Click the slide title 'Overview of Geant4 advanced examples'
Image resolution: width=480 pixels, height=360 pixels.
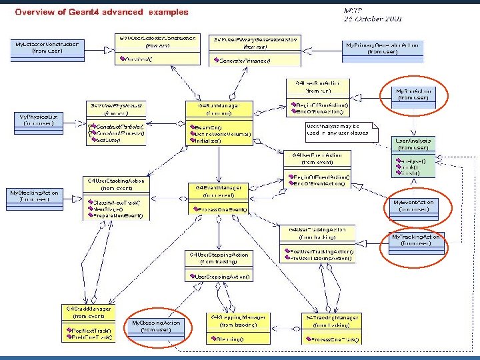click(101, 11)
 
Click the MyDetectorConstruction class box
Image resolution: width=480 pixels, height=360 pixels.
click(47, 47)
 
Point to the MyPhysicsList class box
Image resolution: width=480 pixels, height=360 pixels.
click(39, 119)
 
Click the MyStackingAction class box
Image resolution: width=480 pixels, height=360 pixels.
click(34, 195)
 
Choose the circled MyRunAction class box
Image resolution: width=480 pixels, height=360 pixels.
click(413, 94)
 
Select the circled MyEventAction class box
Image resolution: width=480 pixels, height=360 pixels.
click(413, 205)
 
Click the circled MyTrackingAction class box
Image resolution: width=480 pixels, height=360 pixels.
click(415, 240)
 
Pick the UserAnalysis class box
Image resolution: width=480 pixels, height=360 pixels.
click(413, 157)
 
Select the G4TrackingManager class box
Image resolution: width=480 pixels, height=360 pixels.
click(331, 328)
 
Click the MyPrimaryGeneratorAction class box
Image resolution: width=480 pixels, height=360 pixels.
click(382, 48)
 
